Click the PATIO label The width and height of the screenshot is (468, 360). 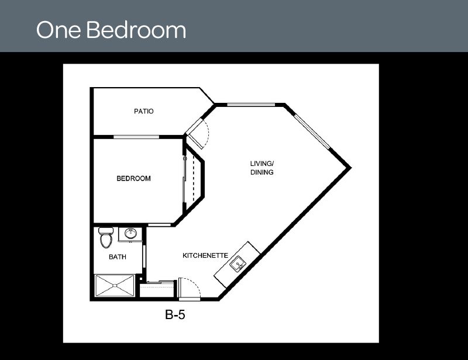click(143, 111)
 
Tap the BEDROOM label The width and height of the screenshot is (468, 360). click(133, 178)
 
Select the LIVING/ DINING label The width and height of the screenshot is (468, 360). click(261, 168)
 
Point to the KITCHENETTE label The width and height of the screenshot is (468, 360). click(205, 255)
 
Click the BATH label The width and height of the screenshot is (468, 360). click(118, 257)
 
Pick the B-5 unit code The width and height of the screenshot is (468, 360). click(175, 314)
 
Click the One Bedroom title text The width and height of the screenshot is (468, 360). click(111, 30)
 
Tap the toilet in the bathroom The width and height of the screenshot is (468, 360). click(106, 238)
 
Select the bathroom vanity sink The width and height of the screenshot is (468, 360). click(130, 233)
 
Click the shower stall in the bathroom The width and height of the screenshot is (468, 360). click(115, 286)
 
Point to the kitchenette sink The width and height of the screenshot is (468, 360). click(238, 264)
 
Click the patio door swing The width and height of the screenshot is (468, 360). click(197, 133)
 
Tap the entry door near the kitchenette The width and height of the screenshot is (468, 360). click(189, 288)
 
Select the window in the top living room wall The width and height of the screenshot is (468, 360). click(251, 105)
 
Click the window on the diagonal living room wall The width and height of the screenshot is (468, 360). click(312, 131)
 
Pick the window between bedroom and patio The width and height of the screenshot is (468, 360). click(136, 137)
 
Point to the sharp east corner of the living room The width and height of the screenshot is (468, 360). click(350, 168)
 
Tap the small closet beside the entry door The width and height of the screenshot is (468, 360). click(157, 290)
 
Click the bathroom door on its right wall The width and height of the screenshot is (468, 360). click(144, 257)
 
